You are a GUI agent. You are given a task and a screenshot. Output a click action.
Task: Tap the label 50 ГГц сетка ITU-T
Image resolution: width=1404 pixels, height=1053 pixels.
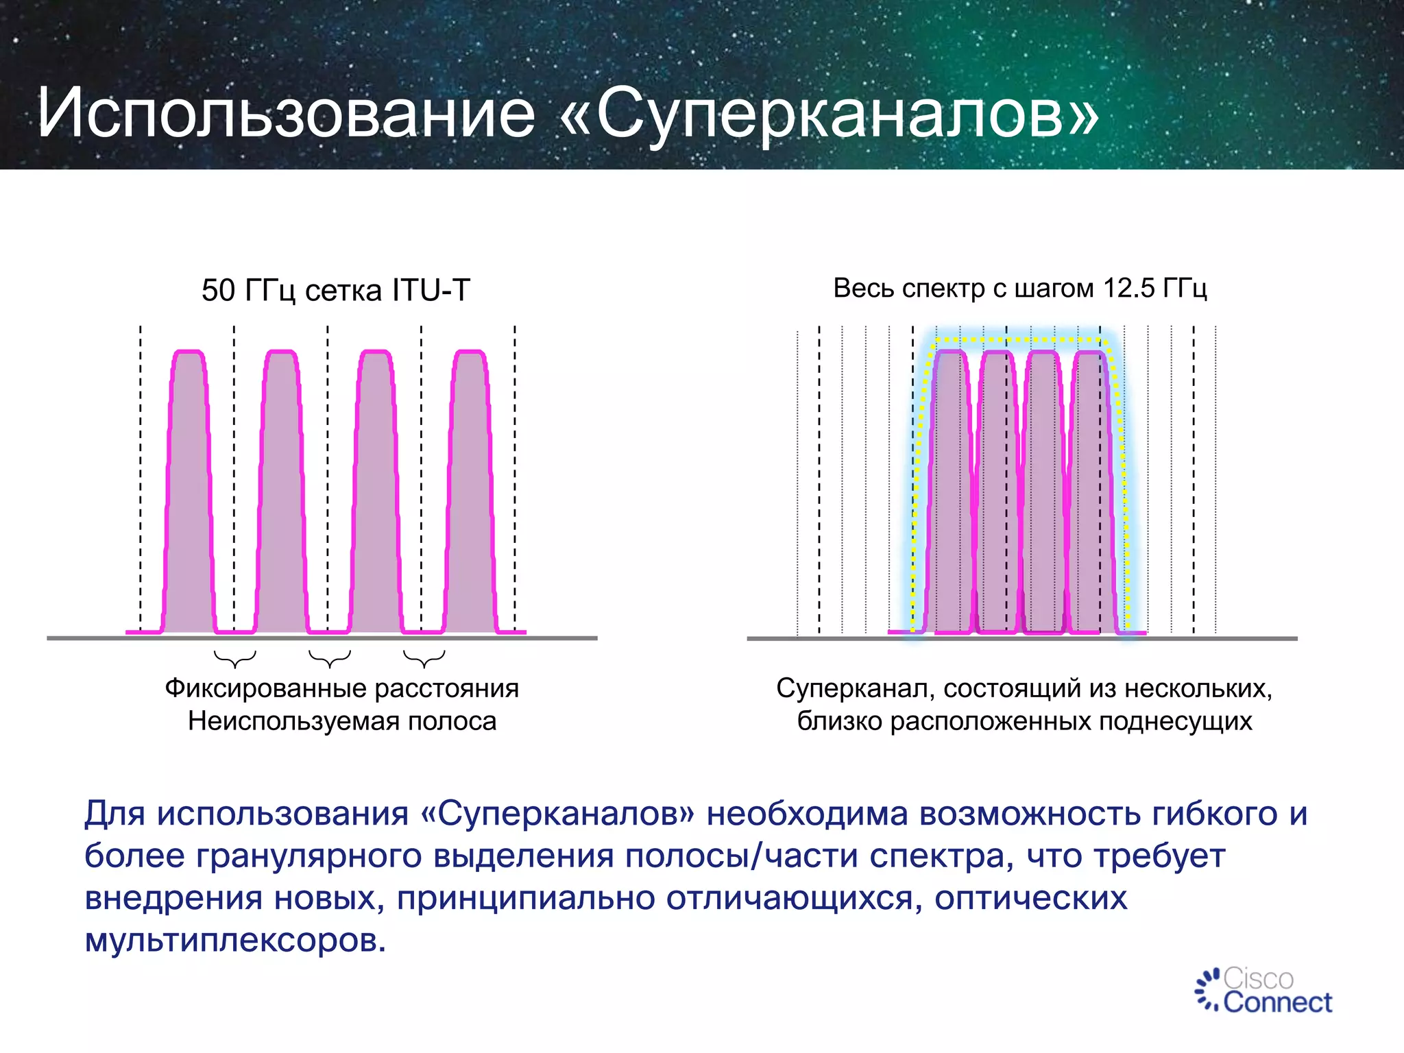335,290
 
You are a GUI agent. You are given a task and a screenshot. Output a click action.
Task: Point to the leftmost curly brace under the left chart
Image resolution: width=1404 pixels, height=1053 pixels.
235,659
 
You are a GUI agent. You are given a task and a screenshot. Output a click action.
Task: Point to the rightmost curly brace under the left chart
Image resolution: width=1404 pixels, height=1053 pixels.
424,659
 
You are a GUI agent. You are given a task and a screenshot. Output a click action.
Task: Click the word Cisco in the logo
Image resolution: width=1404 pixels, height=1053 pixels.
1259,978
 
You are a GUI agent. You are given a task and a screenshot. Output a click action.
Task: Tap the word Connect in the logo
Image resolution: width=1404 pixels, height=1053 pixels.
1277,1003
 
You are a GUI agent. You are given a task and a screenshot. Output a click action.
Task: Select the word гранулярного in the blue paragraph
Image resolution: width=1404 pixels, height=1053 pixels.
308,856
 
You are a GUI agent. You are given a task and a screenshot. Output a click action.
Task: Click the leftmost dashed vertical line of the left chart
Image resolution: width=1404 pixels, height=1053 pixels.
141,480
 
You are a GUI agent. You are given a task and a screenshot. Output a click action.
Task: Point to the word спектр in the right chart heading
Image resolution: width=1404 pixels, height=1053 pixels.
943,289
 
